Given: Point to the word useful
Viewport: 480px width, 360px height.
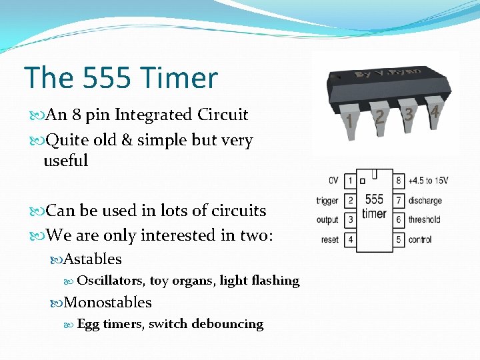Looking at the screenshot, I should pos(65,161).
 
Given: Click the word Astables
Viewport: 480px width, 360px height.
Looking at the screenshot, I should pos(93,259).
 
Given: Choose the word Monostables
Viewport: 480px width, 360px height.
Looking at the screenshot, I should pos(107,302).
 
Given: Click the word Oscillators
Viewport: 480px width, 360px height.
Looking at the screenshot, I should pos(111,281).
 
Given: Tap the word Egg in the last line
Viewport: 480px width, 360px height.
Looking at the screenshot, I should pos(88,324).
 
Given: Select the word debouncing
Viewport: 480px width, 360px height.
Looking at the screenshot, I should pos(227,324).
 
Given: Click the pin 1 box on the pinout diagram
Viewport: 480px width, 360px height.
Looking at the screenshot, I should pos(350,181).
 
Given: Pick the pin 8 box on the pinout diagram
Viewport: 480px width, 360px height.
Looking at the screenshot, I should pos(399,181).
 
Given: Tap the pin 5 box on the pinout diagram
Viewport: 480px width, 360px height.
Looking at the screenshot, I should pos(399,239).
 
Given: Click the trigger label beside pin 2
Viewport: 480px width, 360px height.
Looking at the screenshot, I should pos(327,201).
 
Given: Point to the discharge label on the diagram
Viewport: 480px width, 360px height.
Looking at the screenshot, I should pos(425,201).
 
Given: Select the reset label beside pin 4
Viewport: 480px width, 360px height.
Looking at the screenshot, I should pos(330,239).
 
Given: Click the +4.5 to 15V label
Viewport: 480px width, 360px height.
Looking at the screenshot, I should pos(428,181).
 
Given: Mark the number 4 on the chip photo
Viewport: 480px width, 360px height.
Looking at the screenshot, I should pos(435,111).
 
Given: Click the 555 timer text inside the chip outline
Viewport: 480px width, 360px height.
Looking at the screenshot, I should pos(374,206).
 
